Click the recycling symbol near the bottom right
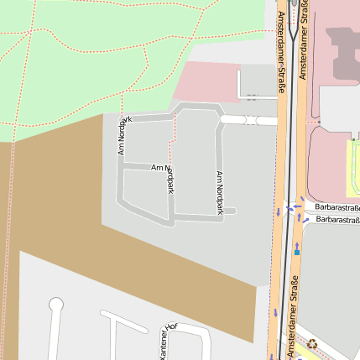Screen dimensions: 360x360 [x=312, y=342]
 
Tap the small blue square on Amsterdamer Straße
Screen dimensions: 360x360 [x=296, y=250]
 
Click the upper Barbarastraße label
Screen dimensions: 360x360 [x=337, y=207]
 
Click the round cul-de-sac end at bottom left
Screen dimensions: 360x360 [x=56, y=305]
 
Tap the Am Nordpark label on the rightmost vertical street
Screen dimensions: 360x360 [x=220, y=193]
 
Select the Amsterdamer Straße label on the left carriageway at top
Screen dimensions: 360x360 [x=279, y=51]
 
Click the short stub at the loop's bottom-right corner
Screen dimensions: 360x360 [x=230, y=211]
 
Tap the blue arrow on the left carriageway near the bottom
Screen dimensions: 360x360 [x=274, y=313]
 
